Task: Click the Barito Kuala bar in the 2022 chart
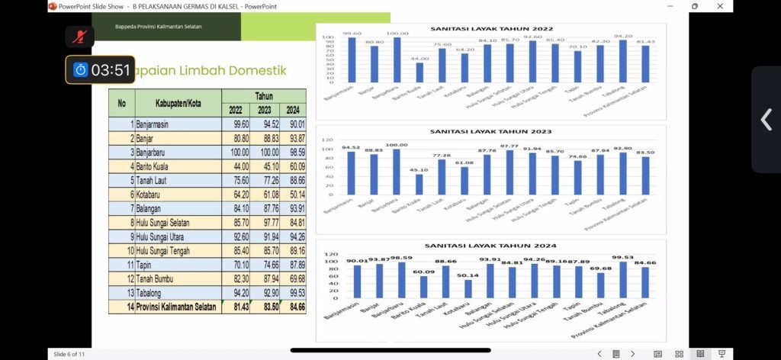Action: [x=419, y=72]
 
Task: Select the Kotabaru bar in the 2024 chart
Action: [x=468, y=288]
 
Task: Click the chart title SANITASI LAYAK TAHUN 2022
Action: [x=492, y=29]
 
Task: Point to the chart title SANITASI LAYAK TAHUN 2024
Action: [x=492, y=246]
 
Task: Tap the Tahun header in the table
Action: [x=264, y=96]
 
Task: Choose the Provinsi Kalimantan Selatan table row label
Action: [x=175, y=307]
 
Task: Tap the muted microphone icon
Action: [x=79, y=35]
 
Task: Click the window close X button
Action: [x=719, y=6]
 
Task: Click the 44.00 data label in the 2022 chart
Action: [x=419, y=59]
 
